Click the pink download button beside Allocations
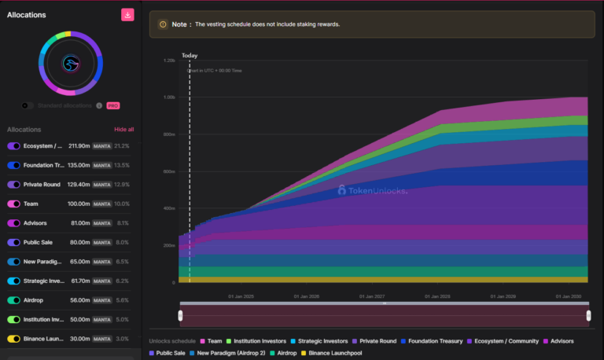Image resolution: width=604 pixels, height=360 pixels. (x=127, y=15)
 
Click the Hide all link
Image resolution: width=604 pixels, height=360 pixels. (x=124, y=129)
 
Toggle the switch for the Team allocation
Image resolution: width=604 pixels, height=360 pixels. (x=14, y=204)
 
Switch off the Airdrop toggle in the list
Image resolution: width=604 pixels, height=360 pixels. (x=14, y=300)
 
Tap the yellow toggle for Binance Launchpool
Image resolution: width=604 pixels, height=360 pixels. (x=14, y=339)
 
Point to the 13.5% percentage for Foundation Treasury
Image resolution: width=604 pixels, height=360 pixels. (x=123, y=165)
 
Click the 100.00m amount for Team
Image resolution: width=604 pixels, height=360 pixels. (x=78, y=204)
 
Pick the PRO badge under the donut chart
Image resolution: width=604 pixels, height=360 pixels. (x=113, y=105)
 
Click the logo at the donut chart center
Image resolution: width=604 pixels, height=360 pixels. (x=71, y=64)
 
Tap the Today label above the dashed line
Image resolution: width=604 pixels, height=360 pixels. (x=190, y=56)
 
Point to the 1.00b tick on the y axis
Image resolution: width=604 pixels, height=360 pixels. (x=169, y=97)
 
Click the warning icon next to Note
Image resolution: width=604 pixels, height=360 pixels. (x=163, y=24)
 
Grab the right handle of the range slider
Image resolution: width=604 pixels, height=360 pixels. (x=588, y=315)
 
